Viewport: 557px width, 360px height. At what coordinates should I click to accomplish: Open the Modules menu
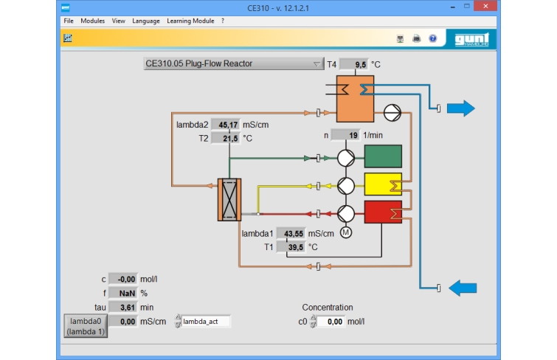[92, 21]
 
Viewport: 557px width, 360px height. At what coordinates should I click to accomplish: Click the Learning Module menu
[190, 21]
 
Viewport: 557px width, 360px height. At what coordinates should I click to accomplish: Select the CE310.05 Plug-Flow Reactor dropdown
[234, 63]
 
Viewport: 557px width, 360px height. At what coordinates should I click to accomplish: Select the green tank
[383, 156]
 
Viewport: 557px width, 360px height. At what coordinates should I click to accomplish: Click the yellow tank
[383, 184]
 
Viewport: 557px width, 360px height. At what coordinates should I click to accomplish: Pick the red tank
[383, 212]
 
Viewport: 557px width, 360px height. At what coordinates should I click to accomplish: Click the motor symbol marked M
[346, 232]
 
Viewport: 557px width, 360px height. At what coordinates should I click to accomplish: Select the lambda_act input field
[206, 321]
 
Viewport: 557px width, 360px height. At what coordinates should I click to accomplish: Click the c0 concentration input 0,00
[331, 322]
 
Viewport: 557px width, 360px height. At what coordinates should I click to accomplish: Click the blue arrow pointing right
[461, 108]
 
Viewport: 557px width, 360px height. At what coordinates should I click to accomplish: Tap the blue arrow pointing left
[463, 288]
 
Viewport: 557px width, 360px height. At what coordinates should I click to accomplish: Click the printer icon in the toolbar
[416, 38]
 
